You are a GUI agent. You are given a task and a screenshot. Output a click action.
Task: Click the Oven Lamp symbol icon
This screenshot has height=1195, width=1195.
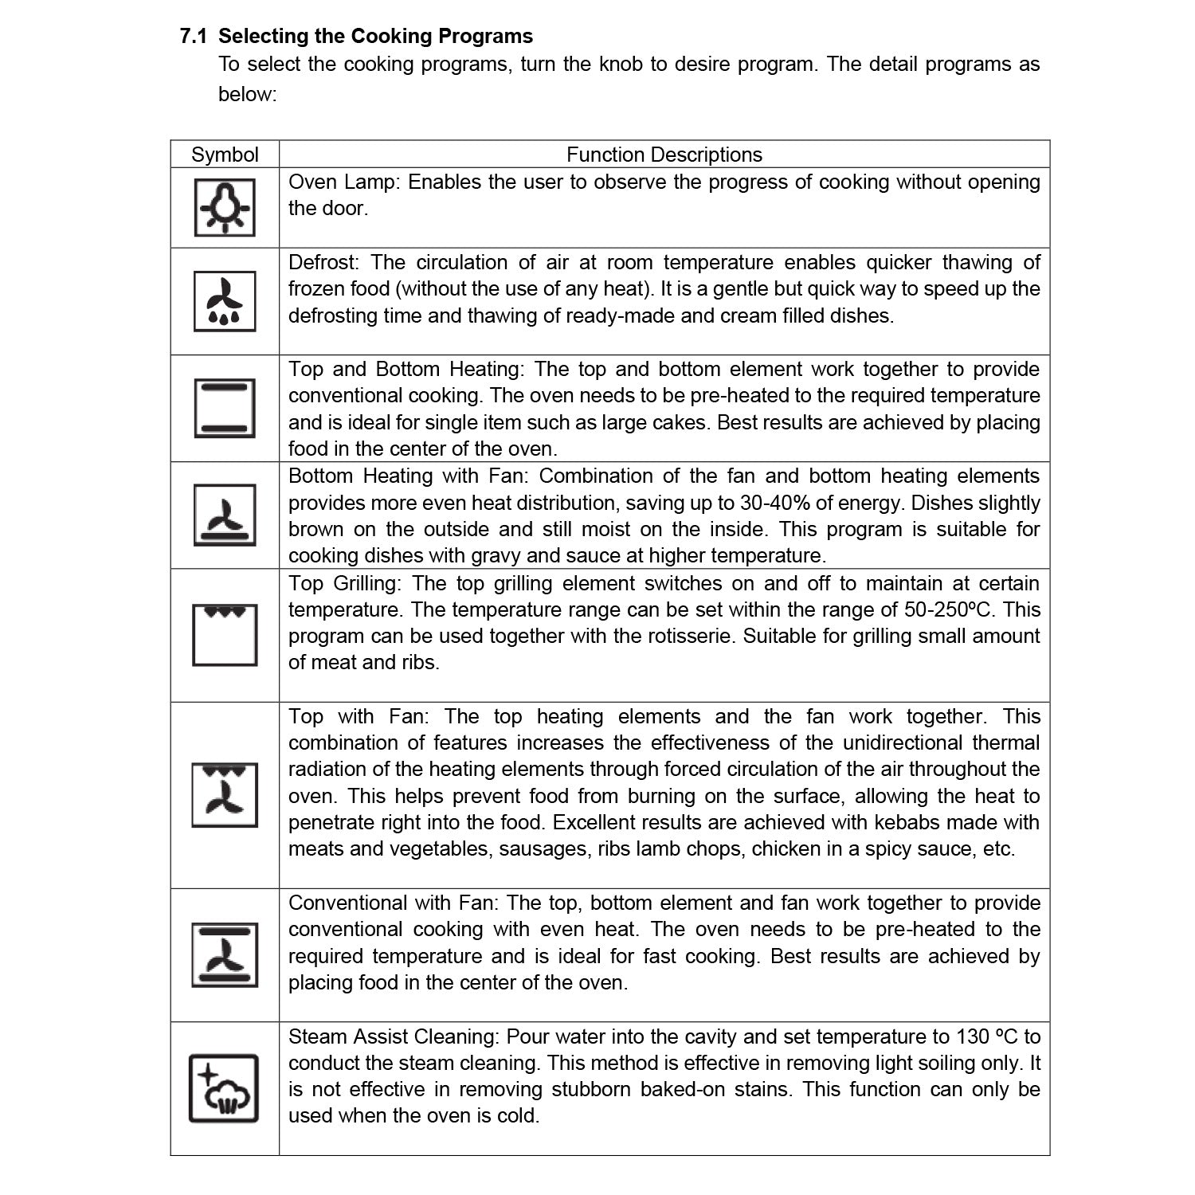(x=225, y=207)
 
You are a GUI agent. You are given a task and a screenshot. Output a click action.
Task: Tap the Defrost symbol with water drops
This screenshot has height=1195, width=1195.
(x=225, y=301)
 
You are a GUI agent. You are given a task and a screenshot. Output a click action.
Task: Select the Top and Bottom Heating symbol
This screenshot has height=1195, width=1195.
(x=225, y=408)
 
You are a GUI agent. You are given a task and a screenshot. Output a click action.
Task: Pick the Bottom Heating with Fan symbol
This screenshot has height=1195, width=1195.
(x=225, y=515)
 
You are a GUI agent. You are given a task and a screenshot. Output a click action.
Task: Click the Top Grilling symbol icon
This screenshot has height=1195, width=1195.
(x=225, y=635)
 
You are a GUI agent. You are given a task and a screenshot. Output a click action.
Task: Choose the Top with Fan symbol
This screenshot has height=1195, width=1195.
(x=225, y=795)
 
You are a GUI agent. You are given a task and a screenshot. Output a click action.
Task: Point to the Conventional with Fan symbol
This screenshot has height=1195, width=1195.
(x=225, y=954)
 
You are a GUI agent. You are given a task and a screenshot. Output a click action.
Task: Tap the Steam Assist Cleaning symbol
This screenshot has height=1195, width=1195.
(x=224, y=1088)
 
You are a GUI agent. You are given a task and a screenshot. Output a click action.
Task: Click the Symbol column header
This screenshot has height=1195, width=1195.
(x=225, y=155)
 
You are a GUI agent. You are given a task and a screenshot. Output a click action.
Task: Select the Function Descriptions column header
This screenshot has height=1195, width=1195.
(x=664, y=155)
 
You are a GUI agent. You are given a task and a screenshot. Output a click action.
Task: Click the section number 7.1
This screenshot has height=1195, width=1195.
(x=194, y=37)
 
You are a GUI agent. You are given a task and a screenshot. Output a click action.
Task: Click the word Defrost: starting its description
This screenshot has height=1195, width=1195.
(x=325, y=263)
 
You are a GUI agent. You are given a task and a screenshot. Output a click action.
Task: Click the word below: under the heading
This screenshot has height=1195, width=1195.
(x=247, y=94)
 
